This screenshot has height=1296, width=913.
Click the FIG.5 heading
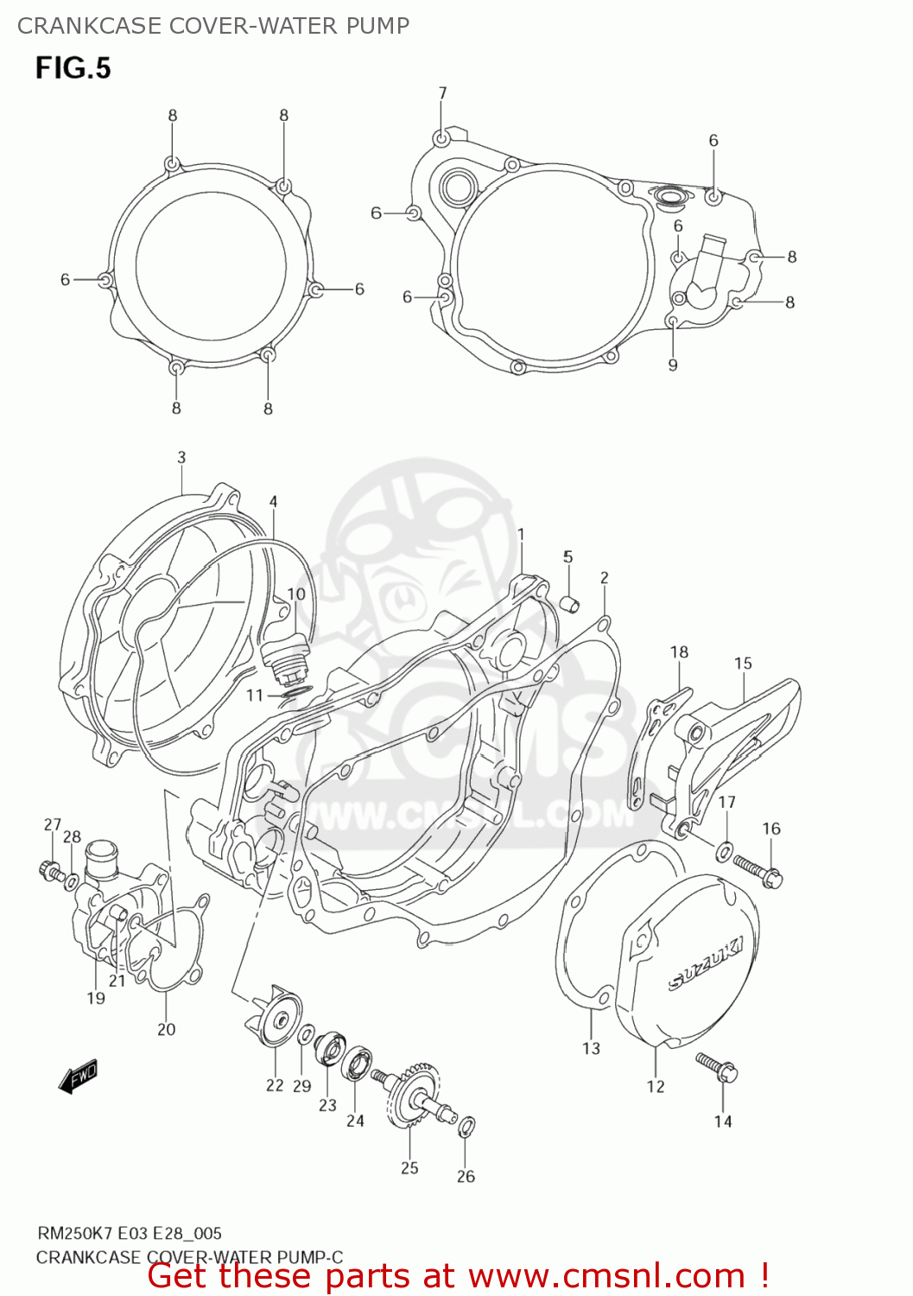click(73, 68)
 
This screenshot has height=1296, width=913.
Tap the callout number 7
click(442, 93)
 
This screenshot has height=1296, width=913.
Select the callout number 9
click(673, 365)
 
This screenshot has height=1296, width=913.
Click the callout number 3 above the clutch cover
click(181, 457)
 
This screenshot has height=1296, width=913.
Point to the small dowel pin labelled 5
click(570, 603)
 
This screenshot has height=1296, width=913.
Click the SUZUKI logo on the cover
click(705, 964)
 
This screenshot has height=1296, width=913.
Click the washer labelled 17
click(724, 854)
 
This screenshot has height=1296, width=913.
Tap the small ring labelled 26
click(466, 1126)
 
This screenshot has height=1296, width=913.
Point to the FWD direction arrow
click(79, 1076)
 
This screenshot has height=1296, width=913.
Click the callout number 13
click(591, 1048)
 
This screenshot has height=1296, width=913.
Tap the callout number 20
click(166, 1029)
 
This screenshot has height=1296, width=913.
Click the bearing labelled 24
click(356, 1064)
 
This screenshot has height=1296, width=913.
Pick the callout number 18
click(679, 651)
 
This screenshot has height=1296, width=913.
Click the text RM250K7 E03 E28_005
click(129, 1233)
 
